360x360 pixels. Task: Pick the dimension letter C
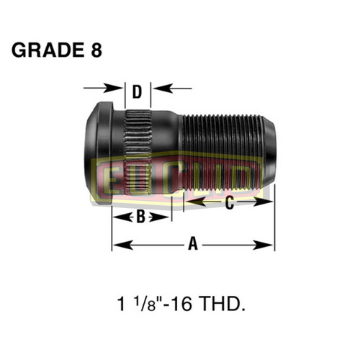click(x=229, y=204)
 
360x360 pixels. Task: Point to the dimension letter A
click(x=192, y=245)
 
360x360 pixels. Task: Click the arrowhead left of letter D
click(x=118, y=89)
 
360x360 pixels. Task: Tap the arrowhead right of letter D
click(x=156, y=89)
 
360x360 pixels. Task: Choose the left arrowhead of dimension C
click(x=188, y=204)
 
